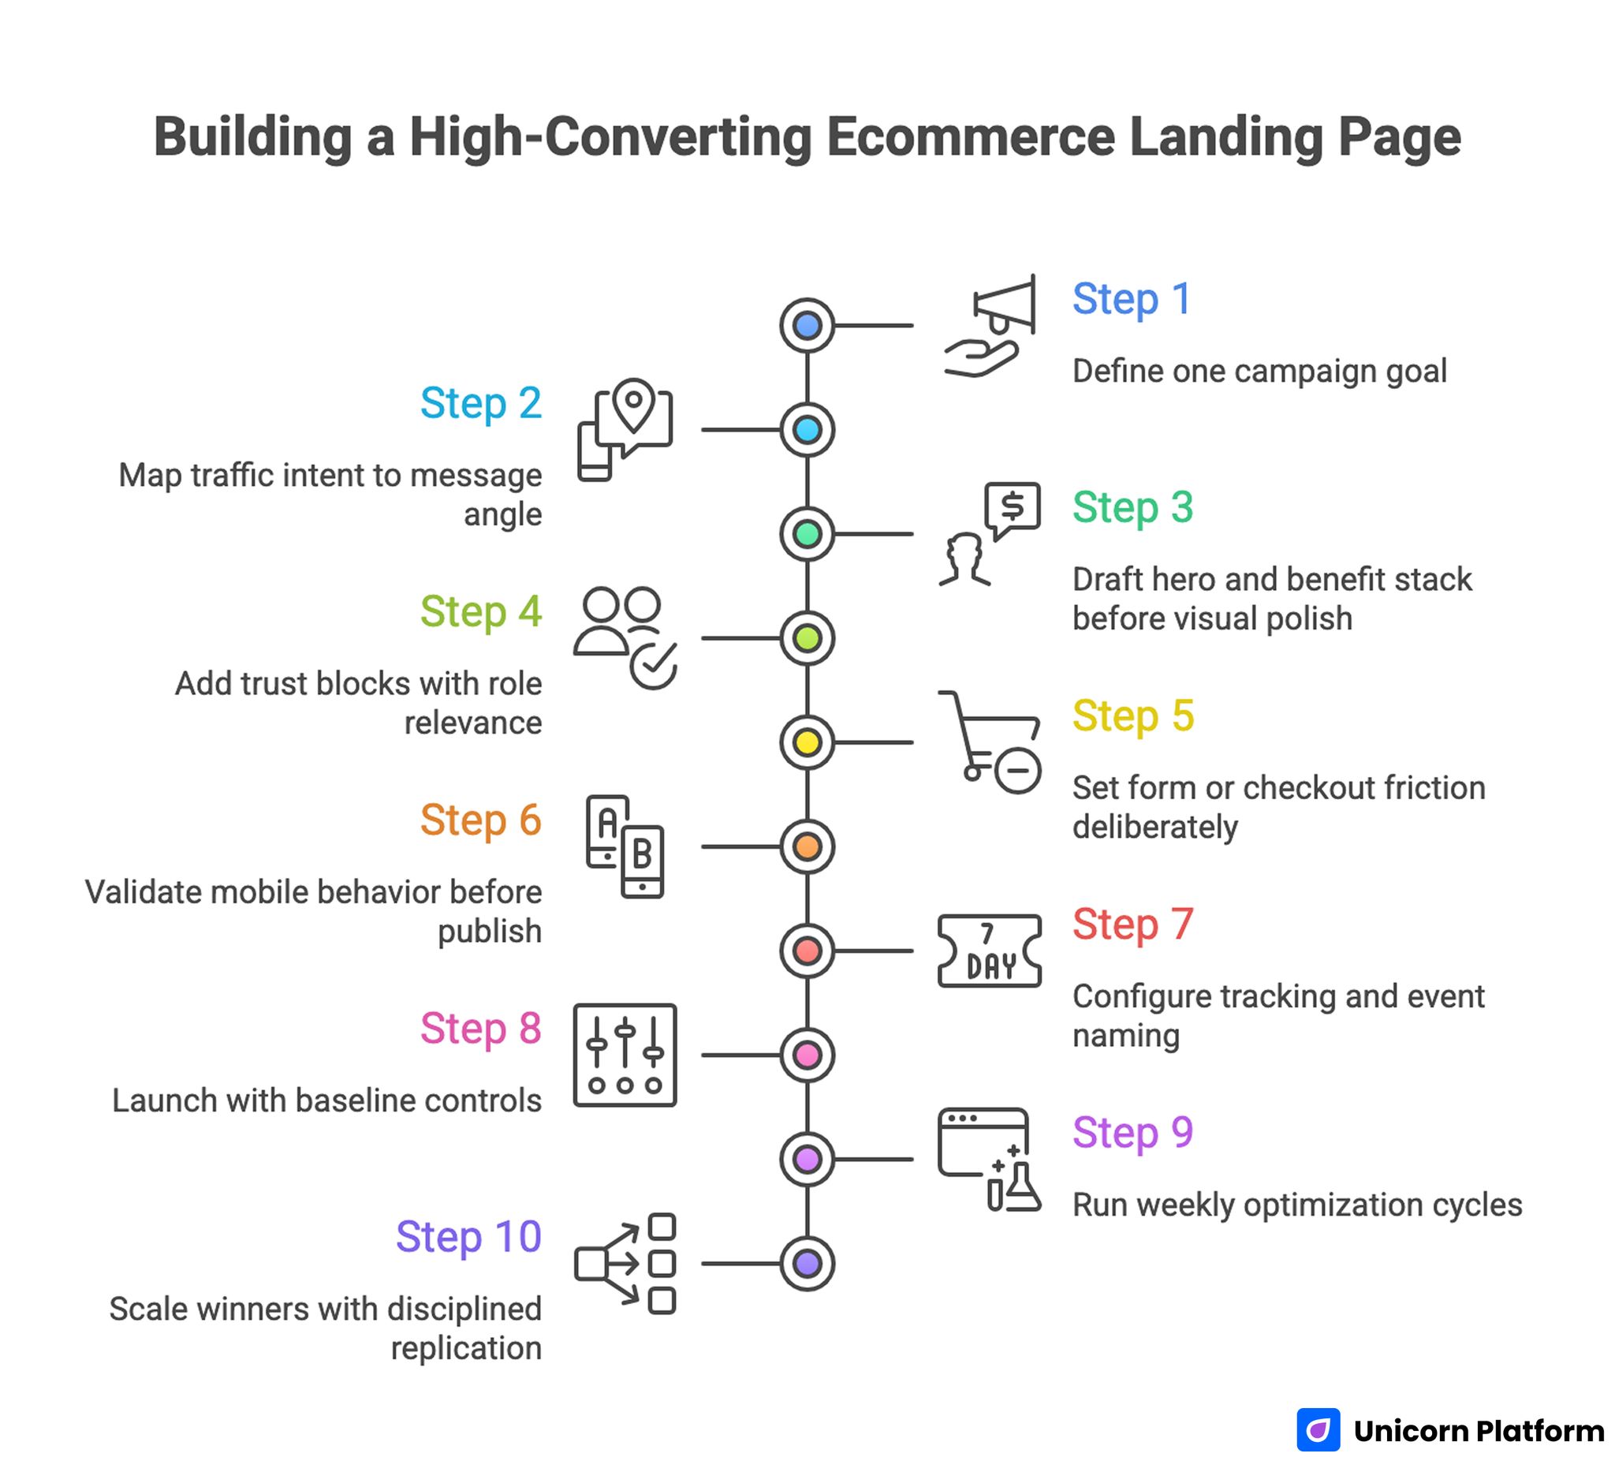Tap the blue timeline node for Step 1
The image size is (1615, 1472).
tap(807, 326)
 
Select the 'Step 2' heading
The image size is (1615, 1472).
tap(481, 403)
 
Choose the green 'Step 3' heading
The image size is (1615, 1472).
tap(1132, 507)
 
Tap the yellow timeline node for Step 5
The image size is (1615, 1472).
tap(807, 743)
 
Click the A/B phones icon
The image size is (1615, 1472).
tap(625, 846)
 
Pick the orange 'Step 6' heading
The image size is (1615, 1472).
tap(481, 820)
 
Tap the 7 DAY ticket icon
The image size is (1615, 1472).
tap(990, 951)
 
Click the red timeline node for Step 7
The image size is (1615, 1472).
tap(807, 951)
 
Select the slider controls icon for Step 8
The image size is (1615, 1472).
tap(625, 1055)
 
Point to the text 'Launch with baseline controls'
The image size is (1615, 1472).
tap(326, 1100)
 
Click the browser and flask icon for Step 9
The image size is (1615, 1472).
tap(990, 1160)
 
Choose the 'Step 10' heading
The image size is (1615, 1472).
tap(468, 1236)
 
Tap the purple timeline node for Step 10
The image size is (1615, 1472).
tap(807, 1264)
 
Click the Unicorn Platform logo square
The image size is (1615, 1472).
tap(1318, 1429)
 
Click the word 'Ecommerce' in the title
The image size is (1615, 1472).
tap(970, 137)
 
